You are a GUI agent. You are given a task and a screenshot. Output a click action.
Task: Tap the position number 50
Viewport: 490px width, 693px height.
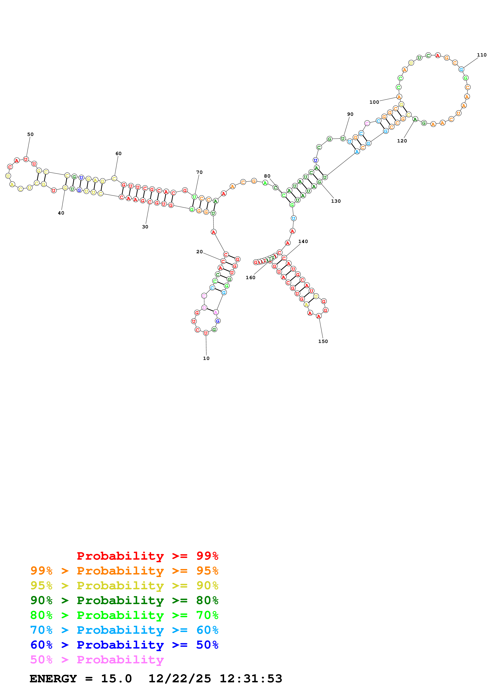tap(30, 134)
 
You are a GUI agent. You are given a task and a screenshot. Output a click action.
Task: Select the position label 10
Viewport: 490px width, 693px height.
tap(206, 358)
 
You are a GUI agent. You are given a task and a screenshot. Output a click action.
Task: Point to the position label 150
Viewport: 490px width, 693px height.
tap(323, 341)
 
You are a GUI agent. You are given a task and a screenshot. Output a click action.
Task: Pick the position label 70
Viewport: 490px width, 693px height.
tap(199, 172)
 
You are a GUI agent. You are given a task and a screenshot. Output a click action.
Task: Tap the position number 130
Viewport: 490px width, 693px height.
tap(336, 201)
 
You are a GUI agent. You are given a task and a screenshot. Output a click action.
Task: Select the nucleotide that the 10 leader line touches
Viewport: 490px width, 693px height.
tap(206, 333)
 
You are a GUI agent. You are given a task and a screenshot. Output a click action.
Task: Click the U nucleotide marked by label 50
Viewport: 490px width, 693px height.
tap(26, 159)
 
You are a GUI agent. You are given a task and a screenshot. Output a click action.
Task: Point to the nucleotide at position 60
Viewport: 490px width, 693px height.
tap(114, 178)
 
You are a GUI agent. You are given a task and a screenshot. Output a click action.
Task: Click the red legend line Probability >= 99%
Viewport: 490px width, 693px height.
tap(147, 556)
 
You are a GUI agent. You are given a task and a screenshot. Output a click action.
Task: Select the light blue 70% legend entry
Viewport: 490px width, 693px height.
tap(124, 630)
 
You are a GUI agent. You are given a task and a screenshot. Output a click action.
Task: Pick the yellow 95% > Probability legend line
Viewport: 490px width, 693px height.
tap(124, 586)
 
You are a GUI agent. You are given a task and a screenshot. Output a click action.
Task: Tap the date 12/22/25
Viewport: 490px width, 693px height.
tap(180, 679)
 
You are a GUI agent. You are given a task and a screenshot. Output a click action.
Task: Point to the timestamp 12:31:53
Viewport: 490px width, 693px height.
tap(251, 679)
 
